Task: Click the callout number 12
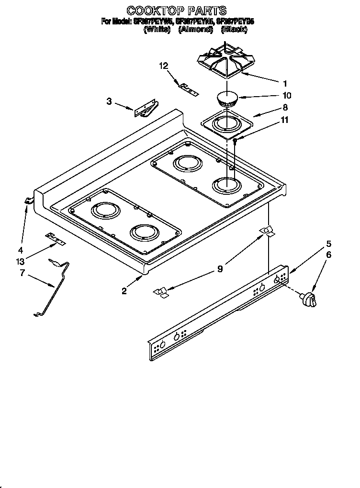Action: [x=164, y=66]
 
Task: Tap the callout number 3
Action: [x=109, y=101]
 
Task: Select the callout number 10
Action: [x=287, y=95]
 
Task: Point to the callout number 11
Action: [x=284, y=120]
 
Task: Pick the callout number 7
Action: [x=22, y=273]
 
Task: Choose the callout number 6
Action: [x=328, y=255]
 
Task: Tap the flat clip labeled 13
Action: [x=55, y=238]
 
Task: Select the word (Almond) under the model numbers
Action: [x=195, y=30]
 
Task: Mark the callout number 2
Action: [x=124, y=290]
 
